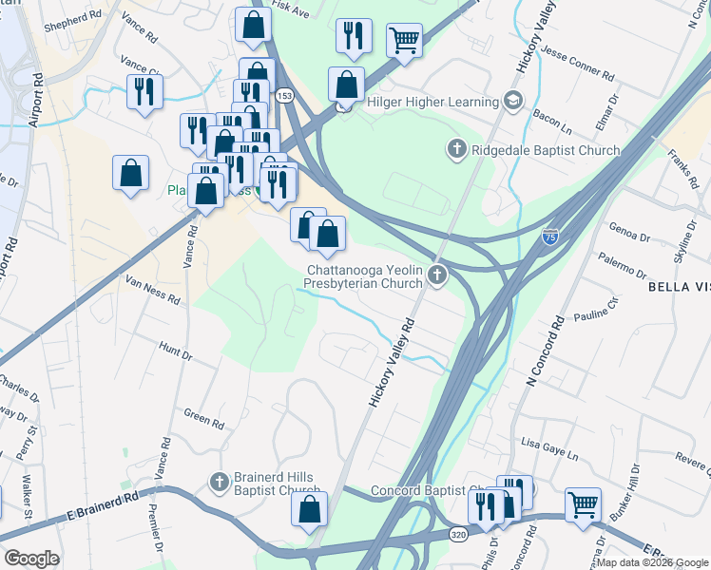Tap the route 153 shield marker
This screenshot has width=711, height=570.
coord(284,96)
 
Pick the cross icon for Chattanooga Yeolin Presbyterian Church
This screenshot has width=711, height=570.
coord(437,275)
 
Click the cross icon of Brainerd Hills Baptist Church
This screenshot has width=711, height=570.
coord(220,483)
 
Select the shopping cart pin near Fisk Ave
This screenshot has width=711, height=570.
coord(404,41)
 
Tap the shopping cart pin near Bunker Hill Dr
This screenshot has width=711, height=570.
coord(583,503)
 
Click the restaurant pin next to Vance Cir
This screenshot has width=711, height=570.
coord(144,91)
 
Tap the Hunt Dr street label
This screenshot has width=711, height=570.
coord(176,352)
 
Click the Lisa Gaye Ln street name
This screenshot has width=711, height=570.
coord(550,443)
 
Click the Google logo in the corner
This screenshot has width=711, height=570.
coord(31,558)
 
